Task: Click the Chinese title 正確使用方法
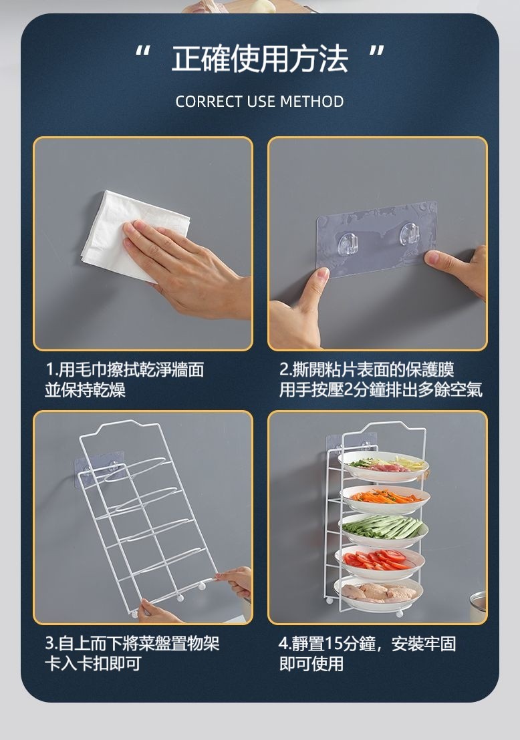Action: (x=260, y=59)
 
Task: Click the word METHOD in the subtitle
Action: (x=311, y=102)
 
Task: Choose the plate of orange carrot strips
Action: (x=386, y=499)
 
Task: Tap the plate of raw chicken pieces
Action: (x=379, y=593)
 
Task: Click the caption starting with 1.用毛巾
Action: (x=125, y=380)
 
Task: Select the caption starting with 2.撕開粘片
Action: (x=381, y=380)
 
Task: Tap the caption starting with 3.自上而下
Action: (x=132, y=654)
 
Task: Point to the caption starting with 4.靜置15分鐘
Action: (x=368, y=654)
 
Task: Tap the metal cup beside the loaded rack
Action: (x=479, y=606)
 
